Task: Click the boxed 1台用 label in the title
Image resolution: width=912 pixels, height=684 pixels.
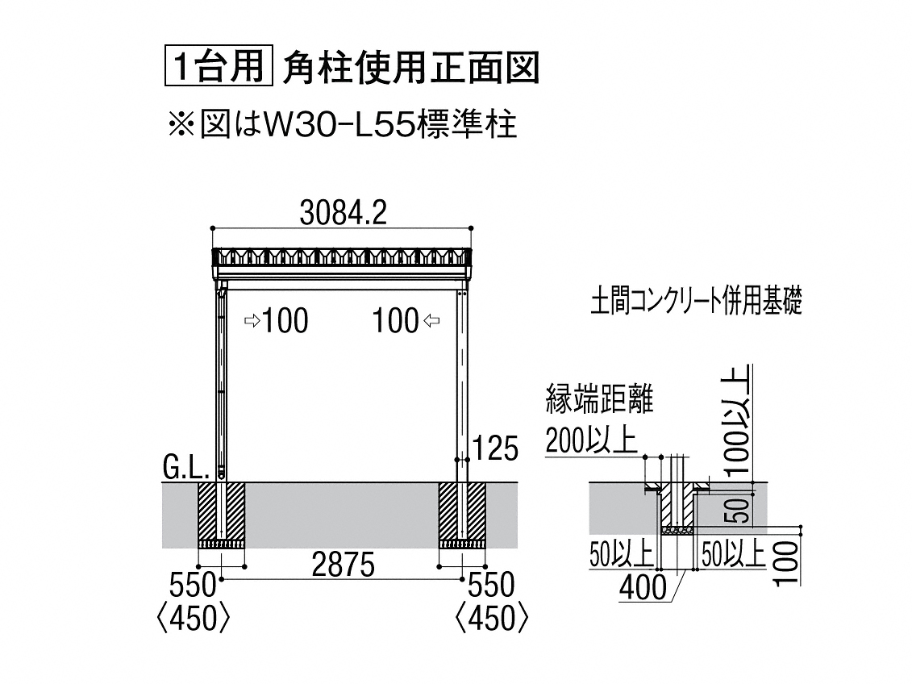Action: tap(219, 68)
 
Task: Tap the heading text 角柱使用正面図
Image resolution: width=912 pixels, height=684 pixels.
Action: tap(411, 68)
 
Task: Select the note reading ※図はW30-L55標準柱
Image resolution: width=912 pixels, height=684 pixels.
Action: tap(343, 124)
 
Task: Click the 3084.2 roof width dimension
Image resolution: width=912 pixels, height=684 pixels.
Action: tap(344, 214)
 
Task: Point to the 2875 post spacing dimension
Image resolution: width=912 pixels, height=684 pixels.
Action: tap(344, 564)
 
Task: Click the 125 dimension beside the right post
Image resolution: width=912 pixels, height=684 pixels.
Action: tap(495, 448)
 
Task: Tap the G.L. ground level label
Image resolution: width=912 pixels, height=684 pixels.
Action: tap(185, 468)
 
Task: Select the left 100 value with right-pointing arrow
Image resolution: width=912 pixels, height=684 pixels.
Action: tap(277, 321)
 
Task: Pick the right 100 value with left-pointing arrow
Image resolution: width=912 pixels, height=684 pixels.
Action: tap(406, 321)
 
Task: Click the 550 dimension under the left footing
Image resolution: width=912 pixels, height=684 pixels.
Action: tap(193, 585)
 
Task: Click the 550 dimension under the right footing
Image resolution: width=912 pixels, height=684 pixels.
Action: tap(491, 585)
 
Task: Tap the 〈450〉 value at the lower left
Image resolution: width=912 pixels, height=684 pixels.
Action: tap(194, 619)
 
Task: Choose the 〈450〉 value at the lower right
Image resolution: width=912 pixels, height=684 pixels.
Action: tap(492, 619)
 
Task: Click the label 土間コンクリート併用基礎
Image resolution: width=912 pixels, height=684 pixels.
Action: tap(697, 302)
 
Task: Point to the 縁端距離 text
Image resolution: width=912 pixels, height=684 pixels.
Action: tap(600, 399)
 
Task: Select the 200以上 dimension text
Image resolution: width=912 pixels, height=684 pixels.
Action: tap(591, 440)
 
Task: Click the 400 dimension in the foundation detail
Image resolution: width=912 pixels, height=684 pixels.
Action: tap(643, 587)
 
